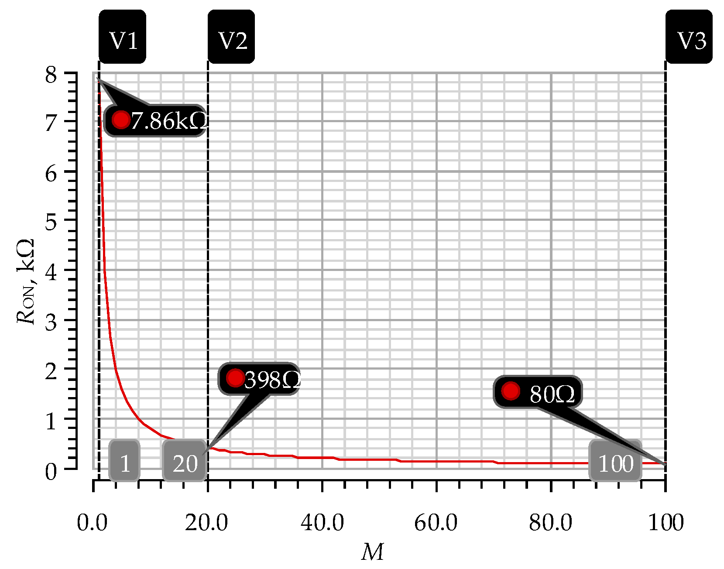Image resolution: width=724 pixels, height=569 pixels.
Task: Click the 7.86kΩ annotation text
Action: coord(168,121)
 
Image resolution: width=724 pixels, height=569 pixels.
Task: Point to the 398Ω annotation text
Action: coord(272,379)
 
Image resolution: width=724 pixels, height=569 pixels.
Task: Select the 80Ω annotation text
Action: coord(552,394)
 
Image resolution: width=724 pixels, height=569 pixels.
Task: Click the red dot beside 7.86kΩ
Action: coord(121,119)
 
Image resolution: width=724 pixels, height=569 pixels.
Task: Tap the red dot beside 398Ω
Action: coord(236,377)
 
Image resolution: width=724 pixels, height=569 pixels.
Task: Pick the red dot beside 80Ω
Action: coord(511,391)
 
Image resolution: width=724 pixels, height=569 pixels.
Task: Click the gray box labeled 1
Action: coord(125,462)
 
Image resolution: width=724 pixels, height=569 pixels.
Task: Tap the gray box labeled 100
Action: coord(615,462)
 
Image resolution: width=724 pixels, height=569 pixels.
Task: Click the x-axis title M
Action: coord(372,552)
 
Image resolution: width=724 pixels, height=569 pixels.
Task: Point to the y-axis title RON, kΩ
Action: coord(26,281)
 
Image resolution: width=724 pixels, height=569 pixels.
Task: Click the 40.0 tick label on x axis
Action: coord(322,522)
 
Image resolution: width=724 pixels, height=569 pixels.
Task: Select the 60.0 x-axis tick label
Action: coord(436,522)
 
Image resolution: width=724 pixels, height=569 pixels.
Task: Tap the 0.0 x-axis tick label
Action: coord(92,522)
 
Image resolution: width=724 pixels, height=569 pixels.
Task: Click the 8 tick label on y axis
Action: coord(51,75)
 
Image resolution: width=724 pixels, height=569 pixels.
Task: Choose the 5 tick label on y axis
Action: coord(51,223)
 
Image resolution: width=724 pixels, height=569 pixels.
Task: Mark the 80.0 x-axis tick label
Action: coord(551,522)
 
